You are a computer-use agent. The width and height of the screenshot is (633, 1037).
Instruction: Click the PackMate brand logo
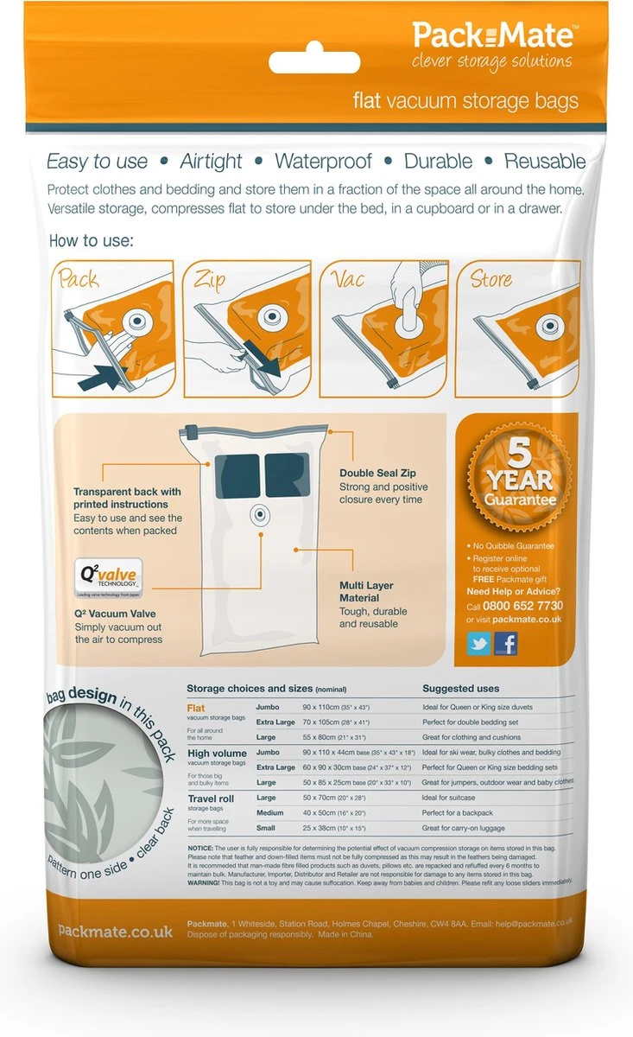pos(492,36)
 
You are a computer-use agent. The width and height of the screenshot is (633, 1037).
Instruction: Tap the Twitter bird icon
pos(479,644)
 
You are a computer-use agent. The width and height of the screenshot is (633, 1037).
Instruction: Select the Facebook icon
pos(505,644)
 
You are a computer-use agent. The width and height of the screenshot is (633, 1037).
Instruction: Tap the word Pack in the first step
pos(78,280)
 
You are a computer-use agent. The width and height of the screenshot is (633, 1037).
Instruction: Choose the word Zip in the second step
pos(211,279)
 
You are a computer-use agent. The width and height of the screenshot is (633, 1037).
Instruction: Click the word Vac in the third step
pos(344,278)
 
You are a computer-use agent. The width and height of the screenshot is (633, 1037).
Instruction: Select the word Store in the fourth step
pos(491,278)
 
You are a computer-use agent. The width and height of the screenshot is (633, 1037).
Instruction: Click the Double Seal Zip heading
pos(377,474)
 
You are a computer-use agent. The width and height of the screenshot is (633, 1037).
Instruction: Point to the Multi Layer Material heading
pos(366,591)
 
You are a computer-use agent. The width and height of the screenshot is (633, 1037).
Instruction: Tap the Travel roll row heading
pos(212,798)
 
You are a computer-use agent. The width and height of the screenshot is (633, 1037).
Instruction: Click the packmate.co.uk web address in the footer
pos(115,931)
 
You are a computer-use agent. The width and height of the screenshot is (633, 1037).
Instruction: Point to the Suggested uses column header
pos(460,689)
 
